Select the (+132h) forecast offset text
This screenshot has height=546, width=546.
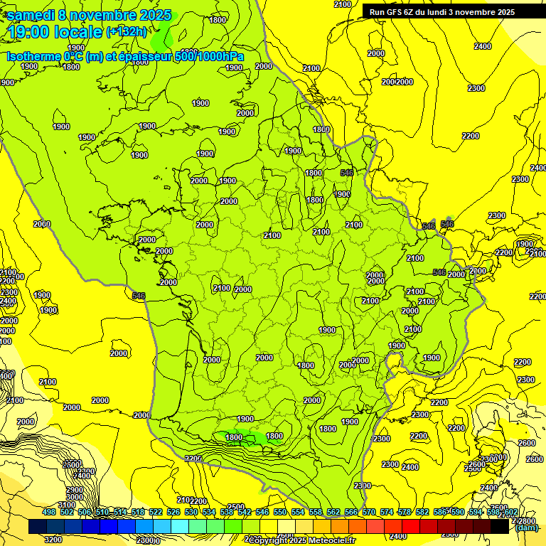(x=127, y=31)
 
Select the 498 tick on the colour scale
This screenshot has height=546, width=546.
(x=48, y=512)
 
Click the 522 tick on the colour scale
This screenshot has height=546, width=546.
(x=155, y=512)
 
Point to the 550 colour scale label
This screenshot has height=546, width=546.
(x=279, y=512)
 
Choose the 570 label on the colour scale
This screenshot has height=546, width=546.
(x=368, y=512)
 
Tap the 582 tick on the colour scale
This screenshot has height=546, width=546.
(x=422, y=512)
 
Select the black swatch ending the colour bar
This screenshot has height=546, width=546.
(x=500, y=527)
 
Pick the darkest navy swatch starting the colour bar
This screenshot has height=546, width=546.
(x=38, y=527)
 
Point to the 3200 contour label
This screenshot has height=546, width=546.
(x=53, y=540)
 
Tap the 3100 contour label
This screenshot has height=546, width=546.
(x=66, y=505)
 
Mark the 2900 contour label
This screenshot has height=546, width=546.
(x=73, y=491)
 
